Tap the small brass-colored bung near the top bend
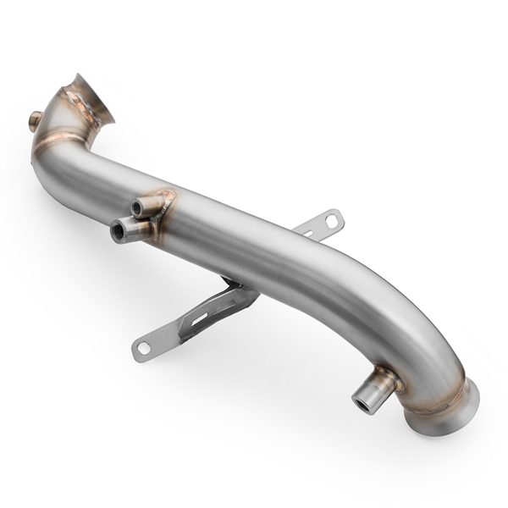(x=36, y=120)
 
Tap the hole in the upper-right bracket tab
(x=331, y=221)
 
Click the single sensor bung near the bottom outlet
(x=373, y=389)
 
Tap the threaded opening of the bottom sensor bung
(x=362, y=403)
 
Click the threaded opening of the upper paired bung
(x=135, y=207)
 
